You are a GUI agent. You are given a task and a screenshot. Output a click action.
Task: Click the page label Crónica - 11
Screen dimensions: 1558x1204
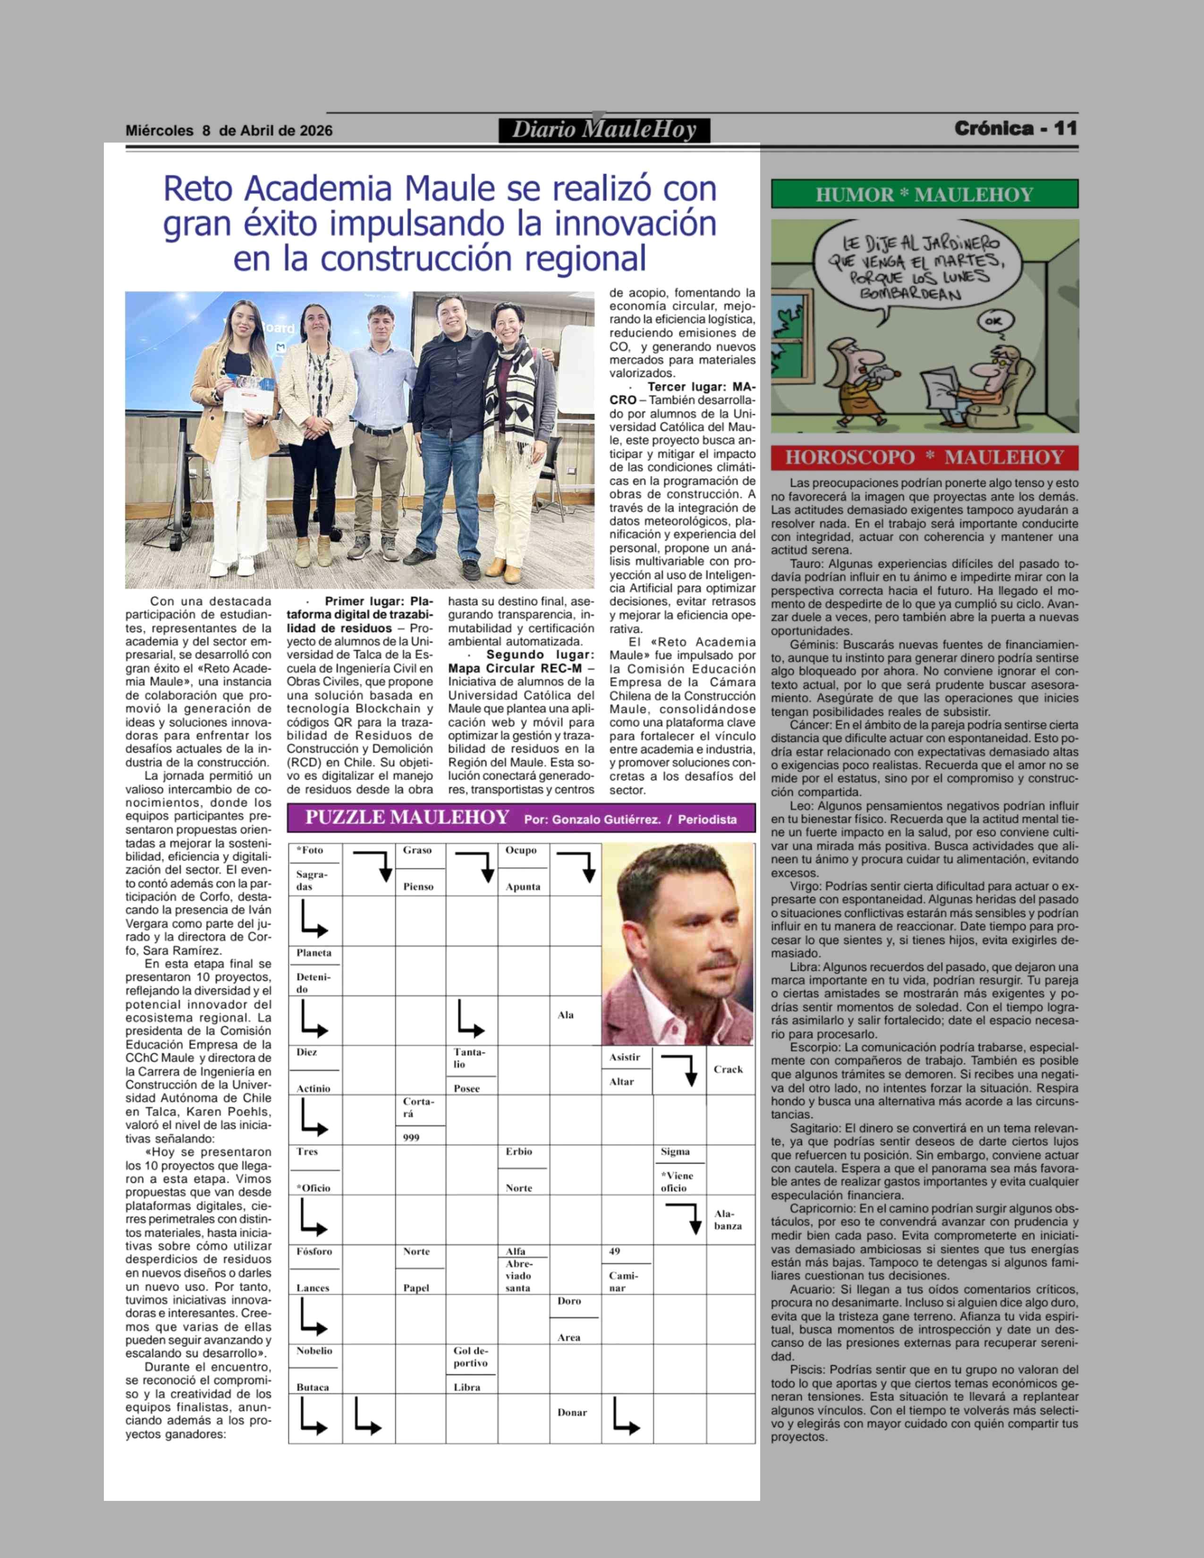(1015, 128)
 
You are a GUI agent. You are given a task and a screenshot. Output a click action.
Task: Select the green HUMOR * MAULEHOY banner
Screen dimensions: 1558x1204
(924, 194)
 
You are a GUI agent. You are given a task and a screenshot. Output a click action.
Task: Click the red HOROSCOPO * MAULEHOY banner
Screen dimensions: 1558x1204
(924, 457)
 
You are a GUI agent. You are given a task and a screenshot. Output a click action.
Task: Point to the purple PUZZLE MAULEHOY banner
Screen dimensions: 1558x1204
(521, 818)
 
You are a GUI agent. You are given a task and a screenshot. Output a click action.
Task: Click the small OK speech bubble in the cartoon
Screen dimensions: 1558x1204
(993, 321)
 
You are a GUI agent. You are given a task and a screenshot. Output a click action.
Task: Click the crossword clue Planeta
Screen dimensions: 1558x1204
(314, 953)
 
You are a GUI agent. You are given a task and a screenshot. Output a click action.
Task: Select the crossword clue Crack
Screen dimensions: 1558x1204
(728, 1069)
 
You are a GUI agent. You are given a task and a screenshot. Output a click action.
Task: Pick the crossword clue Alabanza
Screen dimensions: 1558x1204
(728, 1220)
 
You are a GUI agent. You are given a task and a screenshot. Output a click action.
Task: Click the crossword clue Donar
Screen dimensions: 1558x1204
(572, 1413)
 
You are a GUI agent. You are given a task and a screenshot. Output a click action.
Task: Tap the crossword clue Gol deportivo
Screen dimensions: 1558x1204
(471, 1357)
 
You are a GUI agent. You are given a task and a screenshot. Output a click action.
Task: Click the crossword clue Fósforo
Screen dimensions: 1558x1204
(314, 1251)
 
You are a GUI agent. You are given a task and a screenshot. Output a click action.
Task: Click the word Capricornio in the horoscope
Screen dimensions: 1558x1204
(822, 1209)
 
